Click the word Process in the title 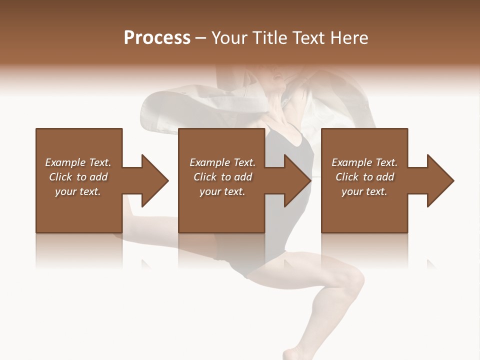[x=157, y=38]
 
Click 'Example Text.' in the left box [x=78, y=162]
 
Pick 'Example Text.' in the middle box [x=222, y=162]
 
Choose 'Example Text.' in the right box [x=364, y=162]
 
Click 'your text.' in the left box [x=78, y=191]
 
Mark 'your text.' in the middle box [x=222, y=191]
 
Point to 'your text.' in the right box [x=364, y=191]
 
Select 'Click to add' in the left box [x=78, y=177]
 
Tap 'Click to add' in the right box [x=364, y=177]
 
